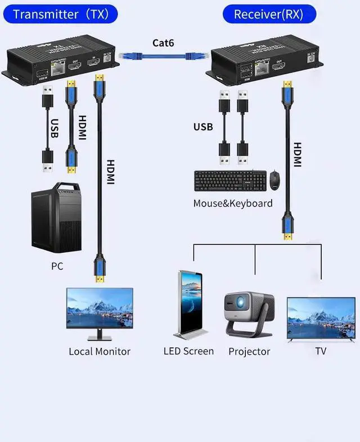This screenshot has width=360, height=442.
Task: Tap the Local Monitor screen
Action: point(100,309)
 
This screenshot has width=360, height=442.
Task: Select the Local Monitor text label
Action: point(100,351)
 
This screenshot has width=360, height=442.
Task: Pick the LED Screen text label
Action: point(188,351)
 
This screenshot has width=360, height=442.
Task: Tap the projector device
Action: point(249,313)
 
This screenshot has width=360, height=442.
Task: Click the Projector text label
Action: point(249,352)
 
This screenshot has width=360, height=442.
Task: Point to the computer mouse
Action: point(274,180)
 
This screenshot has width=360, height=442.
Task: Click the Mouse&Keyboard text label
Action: point(233,203)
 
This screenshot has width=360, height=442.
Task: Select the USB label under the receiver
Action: point(203,127)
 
